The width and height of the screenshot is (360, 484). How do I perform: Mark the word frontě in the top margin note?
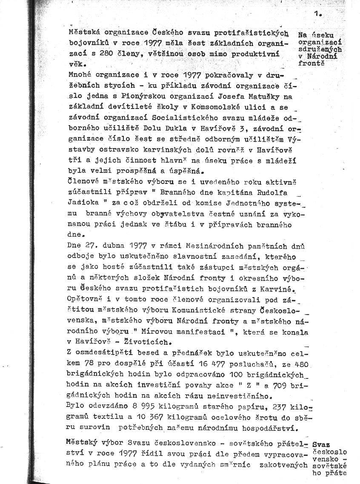(311, 63)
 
